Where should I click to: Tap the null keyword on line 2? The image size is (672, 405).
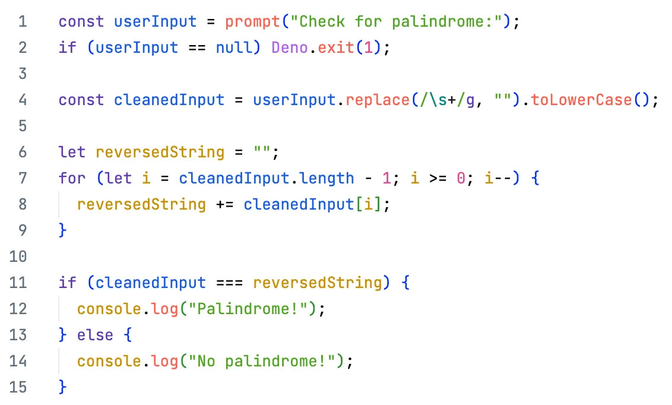pyautogui.click(x=234, y=48)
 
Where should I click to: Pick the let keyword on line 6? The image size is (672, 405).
pyautogui.click(x=72, y=152)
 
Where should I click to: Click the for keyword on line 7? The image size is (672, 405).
pyautogui.click(x=72, y=178)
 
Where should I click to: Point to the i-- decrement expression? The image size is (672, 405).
pyautogui.click(x=497, y=178)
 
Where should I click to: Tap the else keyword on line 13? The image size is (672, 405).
pyautogui.click(x=95, y=335)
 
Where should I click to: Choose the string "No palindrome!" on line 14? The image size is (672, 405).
pyautogui.click(x=266, y=360)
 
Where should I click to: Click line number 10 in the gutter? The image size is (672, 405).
pyautogui.click(x=18, y=257)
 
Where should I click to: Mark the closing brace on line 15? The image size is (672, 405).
pyautogui.click(x=63, y=387)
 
